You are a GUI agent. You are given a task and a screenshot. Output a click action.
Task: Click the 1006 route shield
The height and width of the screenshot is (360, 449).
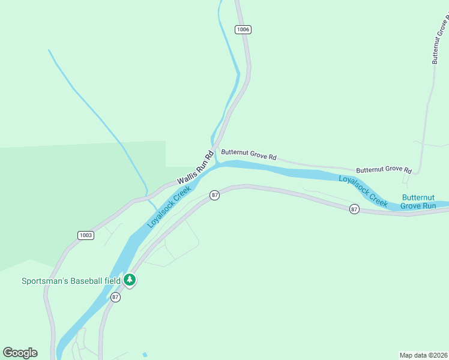coord(243,29)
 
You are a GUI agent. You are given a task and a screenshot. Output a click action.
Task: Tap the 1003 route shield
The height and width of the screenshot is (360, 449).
coord(86,235)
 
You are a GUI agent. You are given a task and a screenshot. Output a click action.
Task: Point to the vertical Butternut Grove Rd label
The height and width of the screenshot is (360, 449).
coord(440,40)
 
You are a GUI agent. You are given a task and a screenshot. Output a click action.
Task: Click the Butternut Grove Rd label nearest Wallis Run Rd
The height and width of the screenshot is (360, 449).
coord(249,154)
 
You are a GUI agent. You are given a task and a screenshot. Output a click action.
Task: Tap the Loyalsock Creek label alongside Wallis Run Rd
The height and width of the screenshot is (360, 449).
coord(169,206)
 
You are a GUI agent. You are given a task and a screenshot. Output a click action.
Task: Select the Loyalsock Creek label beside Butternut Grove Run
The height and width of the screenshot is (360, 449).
coord(363,191)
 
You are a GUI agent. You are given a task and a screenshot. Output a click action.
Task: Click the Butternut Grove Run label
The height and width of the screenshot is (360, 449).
coord(418,202)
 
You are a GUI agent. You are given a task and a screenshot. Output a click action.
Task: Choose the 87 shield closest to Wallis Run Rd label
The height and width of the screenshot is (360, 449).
coord(215,195)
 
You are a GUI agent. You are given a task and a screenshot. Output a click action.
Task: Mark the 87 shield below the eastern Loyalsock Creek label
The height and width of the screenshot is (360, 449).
coord(354,209)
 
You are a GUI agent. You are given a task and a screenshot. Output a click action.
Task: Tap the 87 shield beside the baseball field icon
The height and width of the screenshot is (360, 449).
coord(116,297)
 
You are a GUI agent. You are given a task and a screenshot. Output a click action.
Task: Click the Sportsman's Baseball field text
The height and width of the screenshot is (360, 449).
coord(71,281)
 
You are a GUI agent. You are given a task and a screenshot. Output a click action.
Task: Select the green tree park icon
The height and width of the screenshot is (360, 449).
coord(130,280)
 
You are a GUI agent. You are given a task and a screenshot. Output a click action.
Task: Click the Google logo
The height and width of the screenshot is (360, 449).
coord(20,353)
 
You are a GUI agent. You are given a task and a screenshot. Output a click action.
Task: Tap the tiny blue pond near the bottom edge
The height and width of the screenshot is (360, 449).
coord(145,353)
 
